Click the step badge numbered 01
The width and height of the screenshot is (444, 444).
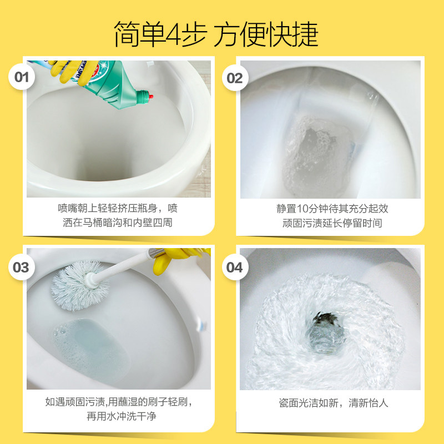pos(21,77)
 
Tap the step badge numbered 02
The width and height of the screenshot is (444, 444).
pos(235,78)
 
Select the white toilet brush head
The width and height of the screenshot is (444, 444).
pos(73,281)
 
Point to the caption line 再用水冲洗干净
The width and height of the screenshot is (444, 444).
pos(119,416)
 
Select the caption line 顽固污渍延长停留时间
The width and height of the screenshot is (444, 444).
pos(332,223)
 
